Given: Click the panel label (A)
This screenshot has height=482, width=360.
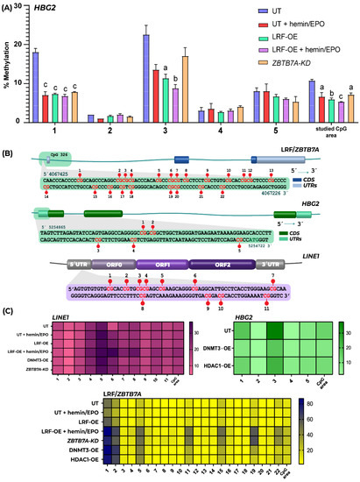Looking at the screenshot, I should pos(9,6).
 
